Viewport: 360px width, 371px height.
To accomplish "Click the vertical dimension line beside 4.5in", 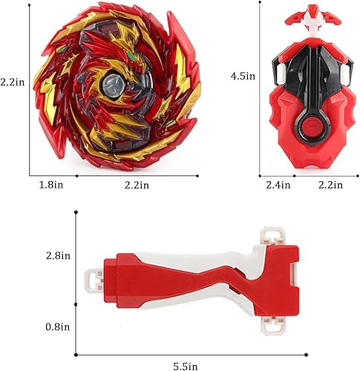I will pyautogui.click(x=260, y=82).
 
